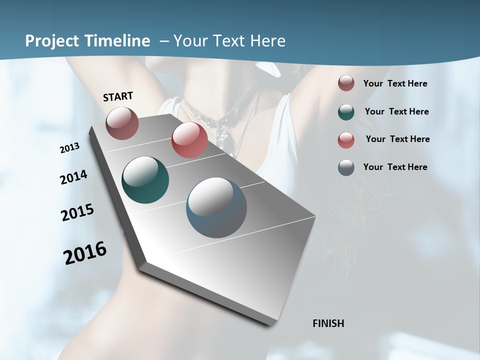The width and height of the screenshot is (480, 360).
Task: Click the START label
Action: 118,96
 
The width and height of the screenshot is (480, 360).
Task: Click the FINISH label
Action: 328,323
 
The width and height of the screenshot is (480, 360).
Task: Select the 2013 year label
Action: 70,148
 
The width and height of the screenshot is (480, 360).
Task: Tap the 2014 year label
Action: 74,177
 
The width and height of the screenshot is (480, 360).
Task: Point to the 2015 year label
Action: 77,212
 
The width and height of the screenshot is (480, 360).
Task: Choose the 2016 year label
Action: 85,252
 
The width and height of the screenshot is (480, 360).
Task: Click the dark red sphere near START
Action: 122,123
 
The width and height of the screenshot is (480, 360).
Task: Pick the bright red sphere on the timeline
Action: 189,140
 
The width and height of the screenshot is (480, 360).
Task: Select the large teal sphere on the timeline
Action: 145,180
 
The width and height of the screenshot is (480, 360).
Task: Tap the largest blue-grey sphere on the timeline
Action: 216,207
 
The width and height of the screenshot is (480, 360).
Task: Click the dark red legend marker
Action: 346,83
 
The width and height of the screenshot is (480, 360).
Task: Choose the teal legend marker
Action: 346,112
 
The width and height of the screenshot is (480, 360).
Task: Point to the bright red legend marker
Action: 346,139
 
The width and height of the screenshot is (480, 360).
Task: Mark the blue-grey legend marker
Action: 346,167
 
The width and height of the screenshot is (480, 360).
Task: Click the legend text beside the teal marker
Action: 396,111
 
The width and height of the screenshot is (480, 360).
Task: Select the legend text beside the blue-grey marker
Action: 395,167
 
